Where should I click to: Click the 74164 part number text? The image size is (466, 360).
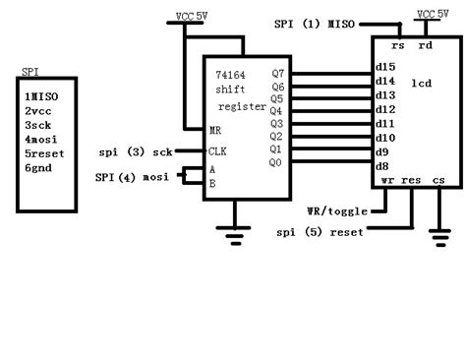point(230,75)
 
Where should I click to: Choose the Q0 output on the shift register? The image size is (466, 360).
point(276,161)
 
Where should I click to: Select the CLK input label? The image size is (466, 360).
point(218,150)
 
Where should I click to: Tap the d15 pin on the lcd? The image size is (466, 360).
point(385,67)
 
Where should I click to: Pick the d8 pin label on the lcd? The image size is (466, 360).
point(382,167)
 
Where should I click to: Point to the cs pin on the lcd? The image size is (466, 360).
point(437,181)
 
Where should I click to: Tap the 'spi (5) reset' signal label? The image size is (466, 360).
point(320,232)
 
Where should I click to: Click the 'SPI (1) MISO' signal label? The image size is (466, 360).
point(315,23)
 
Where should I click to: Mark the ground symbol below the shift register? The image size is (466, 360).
point(236,233)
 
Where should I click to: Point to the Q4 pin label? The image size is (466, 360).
point(276,111)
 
